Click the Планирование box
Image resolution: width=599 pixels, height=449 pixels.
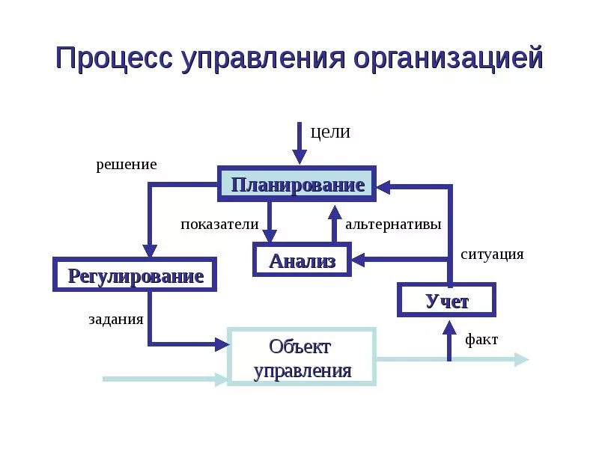coord(297,184)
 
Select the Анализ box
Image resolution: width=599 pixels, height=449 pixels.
coord(302,260)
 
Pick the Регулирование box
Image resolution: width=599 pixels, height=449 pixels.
coord(136,275)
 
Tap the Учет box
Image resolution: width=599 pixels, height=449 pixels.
coord(447,301)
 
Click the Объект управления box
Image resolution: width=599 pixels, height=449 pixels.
coord(301,358)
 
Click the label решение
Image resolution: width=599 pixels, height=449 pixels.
coord(126,165)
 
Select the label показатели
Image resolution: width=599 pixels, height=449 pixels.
coord(219,224)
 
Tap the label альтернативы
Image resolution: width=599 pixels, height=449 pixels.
coord(393,224)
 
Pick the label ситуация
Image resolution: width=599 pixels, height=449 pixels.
coord(492,254)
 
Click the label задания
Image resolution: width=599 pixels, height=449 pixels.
coord(116,320)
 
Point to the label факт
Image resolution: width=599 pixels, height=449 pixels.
coord(481,340)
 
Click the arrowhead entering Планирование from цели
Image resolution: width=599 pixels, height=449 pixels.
coord(299,158)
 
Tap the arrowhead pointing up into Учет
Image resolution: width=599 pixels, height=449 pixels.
coord(449,327)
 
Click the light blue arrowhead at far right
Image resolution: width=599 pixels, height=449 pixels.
coord(521,359)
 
